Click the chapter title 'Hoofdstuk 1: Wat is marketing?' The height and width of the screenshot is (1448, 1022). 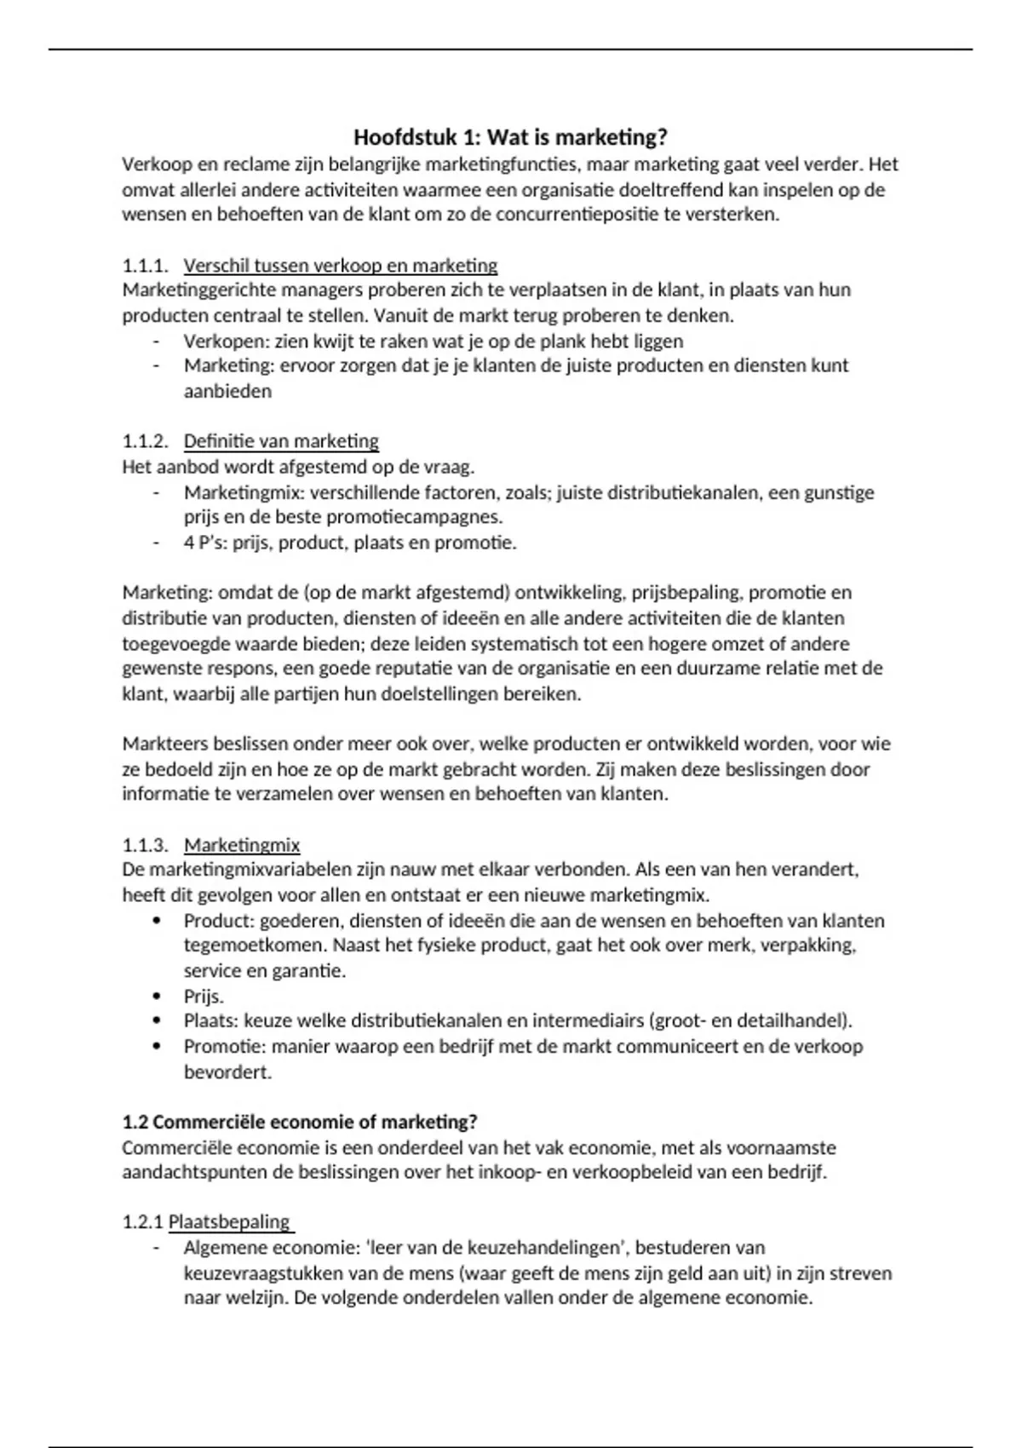(510, 137)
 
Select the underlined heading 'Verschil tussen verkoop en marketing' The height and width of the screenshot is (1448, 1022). (341, 266)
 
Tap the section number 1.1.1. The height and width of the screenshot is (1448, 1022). (145, 266)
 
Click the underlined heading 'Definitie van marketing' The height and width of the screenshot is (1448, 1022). (281, 441)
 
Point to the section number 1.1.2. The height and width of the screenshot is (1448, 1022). (145, 441)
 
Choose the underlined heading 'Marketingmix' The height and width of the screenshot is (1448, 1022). (242, 845)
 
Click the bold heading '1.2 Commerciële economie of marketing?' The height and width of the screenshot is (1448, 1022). (300, 1122)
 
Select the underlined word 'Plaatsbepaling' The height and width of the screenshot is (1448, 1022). (229, 1222)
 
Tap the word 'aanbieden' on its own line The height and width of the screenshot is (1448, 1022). (227, 392)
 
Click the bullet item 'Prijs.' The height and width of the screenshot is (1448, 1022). (204, 997)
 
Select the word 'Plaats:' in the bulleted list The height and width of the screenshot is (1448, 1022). (211, 1021)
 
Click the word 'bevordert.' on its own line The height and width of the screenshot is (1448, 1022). (227, 1072)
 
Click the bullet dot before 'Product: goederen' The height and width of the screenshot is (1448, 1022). (156, 921)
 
